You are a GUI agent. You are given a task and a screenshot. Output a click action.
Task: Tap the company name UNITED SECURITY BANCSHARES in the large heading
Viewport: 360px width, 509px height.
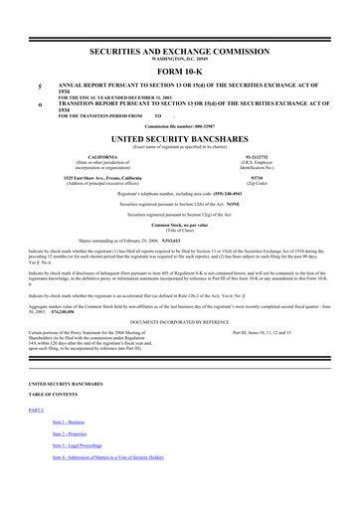(180, 137)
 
